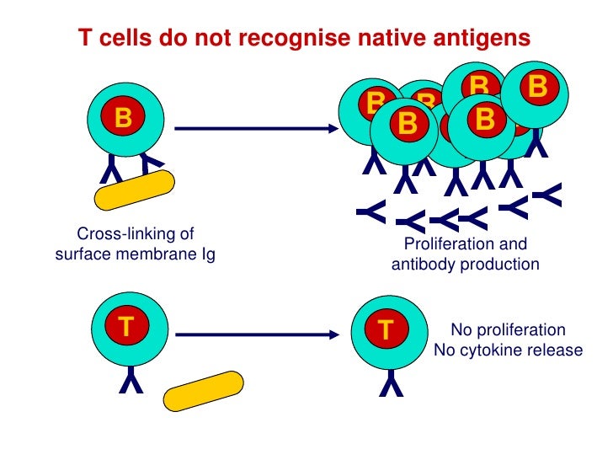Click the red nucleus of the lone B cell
[123, 119]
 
